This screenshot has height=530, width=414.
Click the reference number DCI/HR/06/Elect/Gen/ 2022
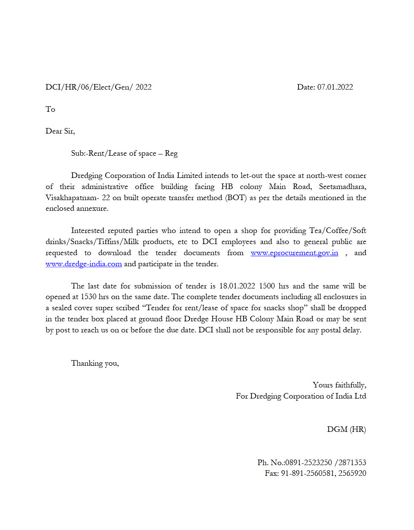point(98,87)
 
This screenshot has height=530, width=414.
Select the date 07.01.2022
point(335,87)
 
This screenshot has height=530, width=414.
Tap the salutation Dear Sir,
point(60,131)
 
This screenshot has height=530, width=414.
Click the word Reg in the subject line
point(171,153)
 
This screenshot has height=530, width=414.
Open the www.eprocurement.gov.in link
point(294,253)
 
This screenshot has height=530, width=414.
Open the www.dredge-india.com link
point(84,264)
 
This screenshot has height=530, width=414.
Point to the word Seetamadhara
point(342,186)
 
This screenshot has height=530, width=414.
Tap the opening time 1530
point(88,297)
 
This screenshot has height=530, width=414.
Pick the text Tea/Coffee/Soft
point(338,230)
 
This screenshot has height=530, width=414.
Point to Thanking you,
point(95,363)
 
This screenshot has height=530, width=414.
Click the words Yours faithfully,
point(339,385)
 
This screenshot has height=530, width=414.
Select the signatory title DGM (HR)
point(346,429)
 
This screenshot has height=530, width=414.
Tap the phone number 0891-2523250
point(309,463)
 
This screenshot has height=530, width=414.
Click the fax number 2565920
point(352,473)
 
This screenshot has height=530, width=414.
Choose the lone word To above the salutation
point(50,109)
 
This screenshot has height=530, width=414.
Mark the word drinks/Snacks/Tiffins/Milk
point(92,242)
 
